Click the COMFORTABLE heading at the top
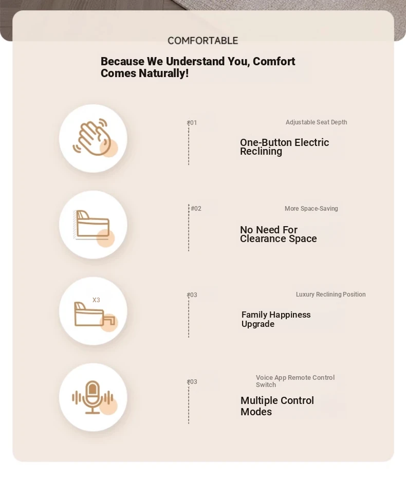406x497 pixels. [x=203, y=41]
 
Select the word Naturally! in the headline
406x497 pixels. [x=163, y=73]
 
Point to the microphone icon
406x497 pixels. [x=93, y=397]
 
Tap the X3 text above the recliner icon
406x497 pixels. [x=96, y=300]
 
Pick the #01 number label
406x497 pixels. [x=192, y=123]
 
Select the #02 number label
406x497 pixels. [x=196, y=209]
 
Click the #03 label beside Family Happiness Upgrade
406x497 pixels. [x=192, y=295]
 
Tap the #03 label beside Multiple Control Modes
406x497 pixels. [x=192, y=382]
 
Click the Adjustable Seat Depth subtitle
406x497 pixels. [x=316, y=122]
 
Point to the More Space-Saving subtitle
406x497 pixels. [x=311, y=209]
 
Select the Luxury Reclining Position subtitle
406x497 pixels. [x=330, y=294]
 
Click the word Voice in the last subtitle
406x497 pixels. [x=264, y=378]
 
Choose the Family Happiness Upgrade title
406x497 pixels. [x=276, y=319]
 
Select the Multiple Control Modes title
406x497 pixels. [x=277, y=406]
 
